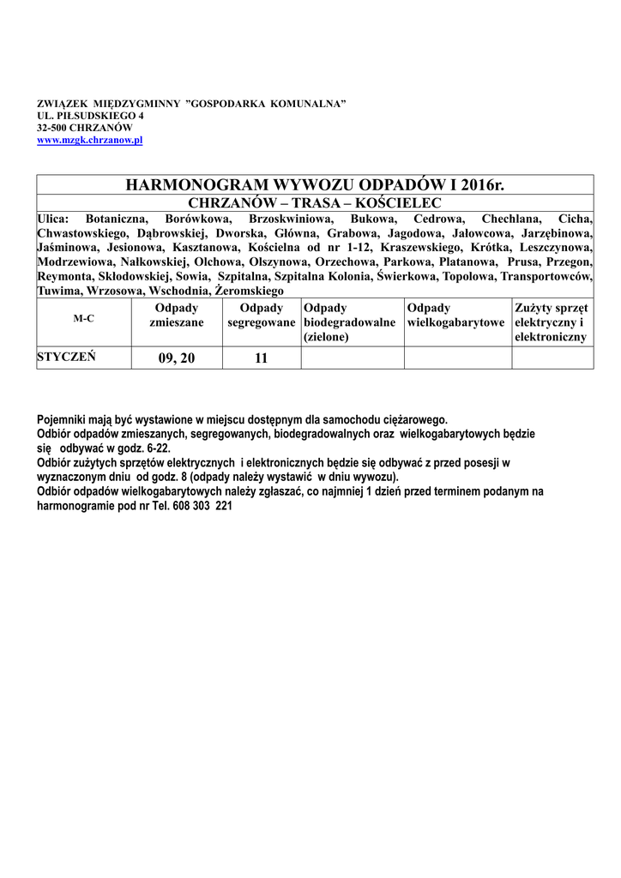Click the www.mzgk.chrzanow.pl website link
89,140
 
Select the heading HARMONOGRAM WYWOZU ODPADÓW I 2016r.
316,185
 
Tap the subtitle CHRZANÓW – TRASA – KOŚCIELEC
315,203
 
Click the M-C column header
84,318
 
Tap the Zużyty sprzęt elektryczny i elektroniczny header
551,322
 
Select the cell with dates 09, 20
177,358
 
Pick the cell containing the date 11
261,358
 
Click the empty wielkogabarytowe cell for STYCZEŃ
457,358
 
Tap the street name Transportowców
546,277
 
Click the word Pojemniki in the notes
63,420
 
